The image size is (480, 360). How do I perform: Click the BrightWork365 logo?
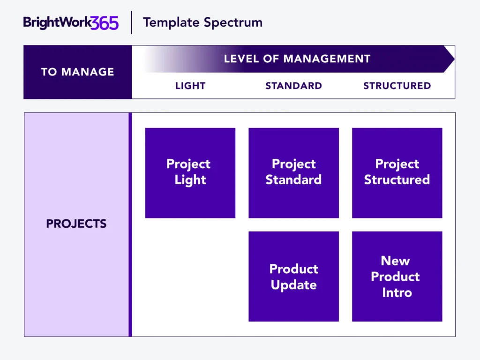click(x=71, y=22)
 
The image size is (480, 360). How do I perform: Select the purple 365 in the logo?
click(x=105, y=23)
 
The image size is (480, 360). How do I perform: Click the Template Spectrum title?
click(x=202, y=22)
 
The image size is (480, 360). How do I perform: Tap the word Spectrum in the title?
click(x=233, y=23)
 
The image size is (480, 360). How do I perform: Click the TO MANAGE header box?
click(x=78, y=72)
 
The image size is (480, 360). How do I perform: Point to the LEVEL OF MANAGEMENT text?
click(x=297, y=59)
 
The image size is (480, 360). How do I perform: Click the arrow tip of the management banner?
click(x=454, y=59)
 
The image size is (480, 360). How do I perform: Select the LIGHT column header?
click(x=190, y=86)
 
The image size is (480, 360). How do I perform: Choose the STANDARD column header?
click(x=293, y=86)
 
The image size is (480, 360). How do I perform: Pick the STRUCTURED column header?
click(x=397, y=86)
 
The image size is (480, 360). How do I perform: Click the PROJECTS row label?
click(x=76, y=224)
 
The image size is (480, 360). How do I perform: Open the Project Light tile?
click(x=190, y=173)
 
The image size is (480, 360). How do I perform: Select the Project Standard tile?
click(x=293, y=173)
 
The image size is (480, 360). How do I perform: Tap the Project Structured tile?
click(x=397, y=173)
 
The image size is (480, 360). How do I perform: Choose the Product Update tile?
click(x=293, y=277)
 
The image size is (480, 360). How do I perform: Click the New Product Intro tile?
click(x=397, y=277)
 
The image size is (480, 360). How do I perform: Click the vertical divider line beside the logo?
click(x=132, y=22)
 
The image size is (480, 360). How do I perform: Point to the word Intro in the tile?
click(x=397, y=292)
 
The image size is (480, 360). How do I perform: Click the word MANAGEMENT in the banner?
click(x=327, y=59)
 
